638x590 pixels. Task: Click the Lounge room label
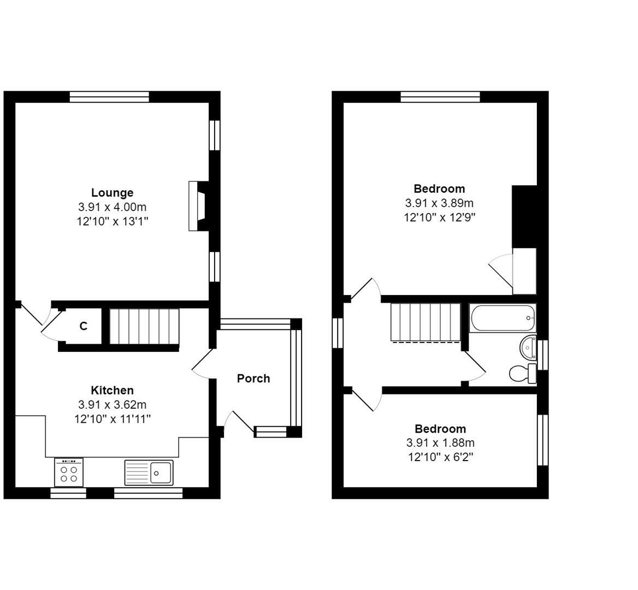(x=112, y=192)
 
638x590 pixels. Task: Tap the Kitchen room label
(x=112, y=390)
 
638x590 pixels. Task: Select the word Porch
(x=253, y=379)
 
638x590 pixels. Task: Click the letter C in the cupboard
(x=84, y=326)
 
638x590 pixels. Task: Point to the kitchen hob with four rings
(x=68, y=472)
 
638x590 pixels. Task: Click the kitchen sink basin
(x=161, y=473)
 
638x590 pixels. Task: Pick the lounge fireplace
(x=199, y=206)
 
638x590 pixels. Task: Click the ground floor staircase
(x=144, y=326)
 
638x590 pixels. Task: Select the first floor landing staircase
(x=426, y=322)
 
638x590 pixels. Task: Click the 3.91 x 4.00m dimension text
(x=113, y=207)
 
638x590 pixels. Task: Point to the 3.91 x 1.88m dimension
(x=440, y=442)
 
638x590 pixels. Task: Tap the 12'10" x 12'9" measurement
(x=439, y=217)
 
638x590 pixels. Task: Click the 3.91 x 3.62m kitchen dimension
(x=113, y=405)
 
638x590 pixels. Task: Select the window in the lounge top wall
(x=109, y=97)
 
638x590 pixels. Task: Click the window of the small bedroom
(x=543, y=440)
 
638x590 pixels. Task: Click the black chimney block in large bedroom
(x=524, y=216)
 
